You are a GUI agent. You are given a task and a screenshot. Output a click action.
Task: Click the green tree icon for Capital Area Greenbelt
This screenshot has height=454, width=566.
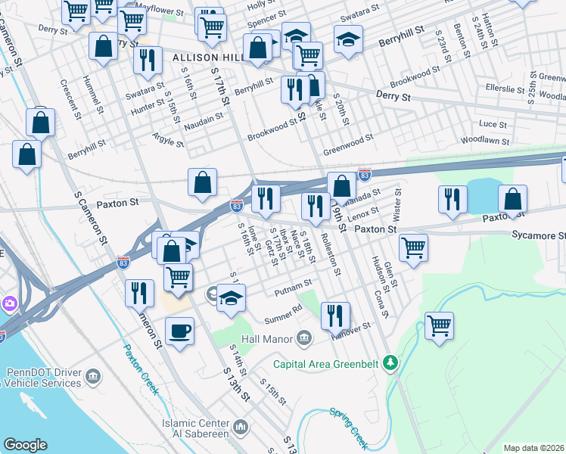point(390,363)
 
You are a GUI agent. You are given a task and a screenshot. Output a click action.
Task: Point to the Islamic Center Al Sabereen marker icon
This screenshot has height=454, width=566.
point(241,428)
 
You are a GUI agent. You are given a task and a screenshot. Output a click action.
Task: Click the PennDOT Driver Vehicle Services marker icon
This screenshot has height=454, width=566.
point(92,376)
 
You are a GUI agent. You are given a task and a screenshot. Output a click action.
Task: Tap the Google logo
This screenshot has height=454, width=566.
point(25,445)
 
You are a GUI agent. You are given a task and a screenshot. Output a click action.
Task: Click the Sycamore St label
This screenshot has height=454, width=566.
point(538,236)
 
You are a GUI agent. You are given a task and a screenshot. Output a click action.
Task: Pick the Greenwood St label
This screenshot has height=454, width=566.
point(349,138)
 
